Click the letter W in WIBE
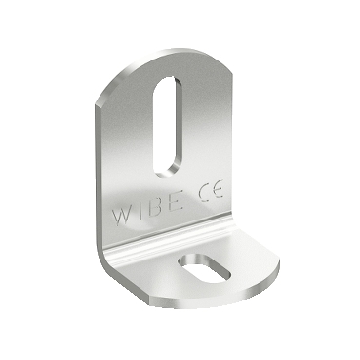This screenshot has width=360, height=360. coord(122,216)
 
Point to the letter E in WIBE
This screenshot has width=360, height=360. coord(176,201)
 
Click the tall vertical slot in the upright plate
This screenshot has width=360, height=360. coord(167,127)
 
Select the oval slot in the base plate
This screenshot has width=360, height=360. coord(206,268)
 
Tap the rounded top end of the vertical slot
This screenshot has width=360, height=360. coord(169,81)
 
